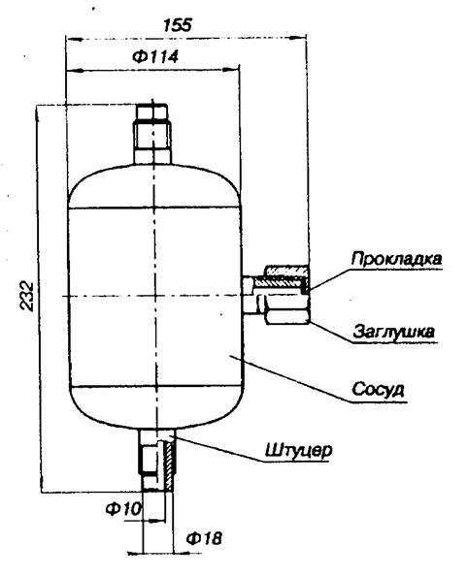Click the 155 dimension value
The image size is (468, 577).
(x=178, y=24)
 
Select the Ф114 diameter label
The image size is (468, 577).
(x=155, y=57)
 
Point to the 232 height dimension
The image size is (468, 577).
(x=26, y=296)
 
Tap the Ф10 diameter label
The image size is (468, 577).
(x=123, y=509)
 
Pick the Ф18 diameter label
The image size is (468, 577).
(x=204, y=539)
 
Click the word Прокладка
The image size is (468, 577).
(x=396, y=259)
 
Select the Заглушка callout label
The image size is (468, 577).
(x=394, y=333)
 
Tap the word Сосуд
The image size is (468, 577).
(x=378, y=389)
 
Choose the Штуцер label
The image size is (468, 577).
(x=298, y=450)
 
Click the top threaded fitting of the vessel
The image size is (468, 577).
(x=152, y=134)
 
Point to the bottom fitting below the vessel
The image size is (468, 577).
(x=157, y=461)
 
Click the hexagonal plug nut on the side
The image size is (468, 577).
(x=287, y=316)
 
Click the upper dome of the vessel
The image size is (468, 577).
(x=154, y=186)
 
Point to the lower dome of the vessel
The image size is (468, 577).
(x=156, y=407)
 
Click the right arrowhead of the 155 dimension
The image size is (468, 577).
(x=298, y=37)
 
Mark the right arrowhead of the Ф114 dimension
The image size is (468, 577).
(x=231, y=70)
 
